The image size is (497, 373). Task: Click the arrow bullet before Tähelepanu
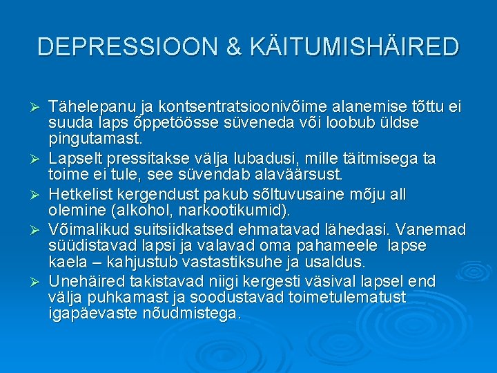[x=39, y=108]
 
